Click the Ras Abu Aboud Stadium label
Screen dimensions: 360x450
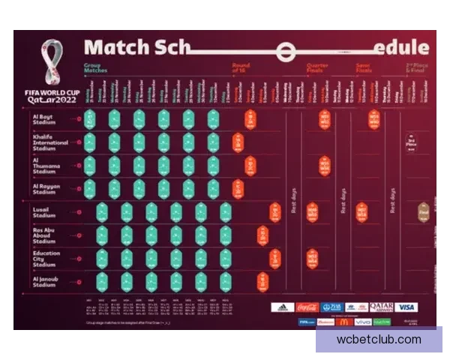pyautogui.click(x=45, y=235)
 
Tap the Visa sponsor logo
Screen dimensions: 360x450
pyautogui.click(x=406, y=307)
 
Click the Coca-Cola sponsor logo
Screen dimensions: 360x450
pyautogui.click(x=307, y=307)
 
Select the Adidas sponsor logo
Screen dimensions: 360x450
pyautogui.click(x=282, y=307)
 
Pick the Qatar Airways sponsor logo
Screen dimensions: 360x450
pyautogui.click(x=381, y=307)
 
